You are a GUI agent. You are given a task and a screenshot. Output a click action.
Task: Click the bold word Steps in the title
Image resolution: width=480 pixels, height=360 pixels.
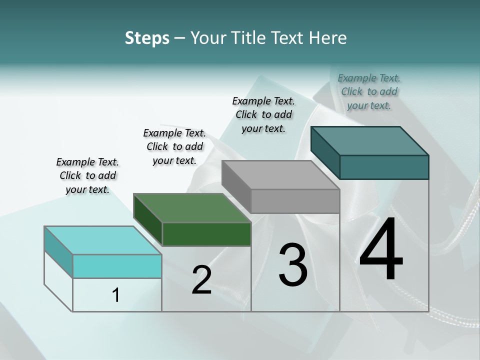click(147, 38)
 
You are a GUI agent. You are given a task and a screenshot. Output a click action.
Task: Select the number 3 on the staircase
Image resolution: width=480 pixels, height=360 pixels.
click(292, 265)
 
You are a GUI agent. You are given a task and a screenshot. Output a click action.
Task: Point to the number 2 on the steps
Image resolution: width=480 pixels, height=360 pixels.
click(201, 280)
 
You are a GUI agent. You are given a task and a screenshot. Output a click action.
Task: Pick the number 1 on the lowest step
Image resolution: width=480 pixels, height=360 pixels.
click(116, 295)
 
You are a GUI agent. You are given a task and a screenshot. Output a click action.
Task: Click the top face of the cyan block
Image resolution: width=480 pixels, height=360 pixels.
click(103, 240)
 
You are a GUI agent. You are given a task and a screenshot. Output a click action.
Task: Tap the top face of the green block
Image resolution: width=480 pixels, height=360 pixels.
click(192, 208)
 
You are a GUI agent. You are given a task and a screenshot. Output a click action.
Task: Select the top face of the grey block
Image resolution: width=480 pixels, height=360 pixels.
click(280, 175)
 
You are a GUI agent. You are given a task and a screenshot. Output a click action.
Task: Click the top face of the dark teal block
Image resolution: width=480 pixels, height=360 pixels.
click(369, 141)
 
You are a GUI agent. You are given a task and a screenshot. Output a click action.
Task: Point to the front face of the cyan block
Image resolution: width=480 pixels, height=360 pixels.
click(117, 266)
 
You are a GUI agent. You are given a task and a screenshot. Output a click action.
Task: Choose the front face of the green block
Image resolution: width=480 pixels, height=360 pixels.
click(206, 234)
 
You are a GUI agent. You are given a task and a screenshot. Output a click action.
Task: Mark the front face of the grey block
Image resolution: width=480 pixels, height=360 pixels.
click(295, 201)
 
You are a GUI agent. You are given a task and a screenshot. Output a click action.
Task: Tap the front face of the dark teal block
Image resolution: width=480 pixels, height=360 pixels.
click(384, 167)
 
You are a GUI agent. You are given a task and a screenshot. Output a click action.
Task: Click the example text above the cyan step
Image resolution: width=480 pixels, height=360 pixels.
click(87, 175)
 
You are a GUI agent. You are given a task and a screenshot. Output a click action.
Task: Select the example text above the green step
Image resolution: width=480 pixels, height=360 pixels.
click(174, 146)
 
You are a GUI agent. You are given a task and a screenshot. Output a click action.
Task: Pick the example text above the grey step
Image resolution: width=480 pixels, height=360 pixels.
click(263, 114)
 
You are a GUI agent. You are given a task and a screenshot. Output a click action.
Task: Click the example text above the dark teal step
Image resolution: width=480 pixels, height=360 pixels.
click(369, 91)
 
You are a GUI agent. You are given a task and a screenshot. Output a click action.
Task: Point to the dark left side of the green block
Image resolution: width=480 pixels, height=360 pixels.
click(148, 219)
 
